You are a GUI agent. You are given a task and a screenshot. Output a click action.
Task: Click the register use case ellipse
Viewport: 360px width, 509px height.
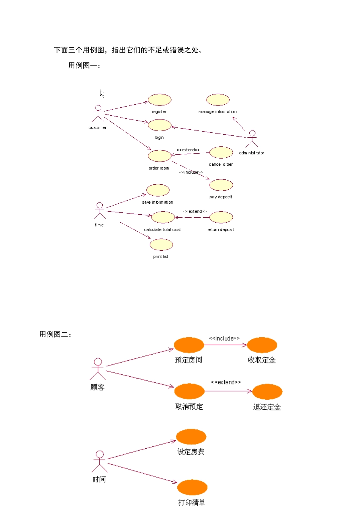(x=160, y=100)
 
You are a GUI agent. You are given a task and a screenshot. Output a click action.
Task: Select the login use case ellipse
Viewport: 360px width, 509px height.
(x=160, y=125)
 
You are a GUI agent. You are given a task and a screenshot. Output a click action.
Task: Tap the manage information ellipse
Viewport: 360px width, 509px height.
(x=218, y=100)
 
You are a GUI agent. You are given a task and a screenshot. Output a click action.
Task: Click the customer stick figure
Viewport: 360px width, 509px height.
(x=98, y=113)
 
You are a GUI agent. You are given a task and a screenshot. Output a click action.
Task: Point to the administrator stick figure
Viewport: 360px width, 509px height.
(x=252, y=138)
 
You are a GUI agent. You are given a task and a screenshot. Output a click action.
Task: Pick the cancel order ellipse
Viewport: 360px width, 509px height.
(x=221, y=152)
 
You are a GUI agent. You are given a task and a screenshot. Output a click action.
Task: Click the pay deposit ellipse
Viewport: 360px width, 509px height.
(x=221, y=185)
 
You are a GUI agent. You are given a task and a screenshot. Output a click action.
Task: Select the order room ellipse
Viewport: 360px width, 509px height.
(x=160, y=156)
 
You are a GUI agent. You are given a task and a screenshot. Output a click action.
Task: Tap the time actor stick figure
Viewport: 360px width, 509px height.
(x=99, y=211)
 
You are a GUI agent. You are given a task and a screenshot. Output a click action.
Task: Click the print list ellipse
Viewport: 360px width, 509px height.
(x=161, y=245)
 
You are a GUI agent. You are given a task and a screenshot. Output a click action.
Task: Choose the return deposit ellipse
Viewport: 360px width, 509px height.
(x=221, y=217)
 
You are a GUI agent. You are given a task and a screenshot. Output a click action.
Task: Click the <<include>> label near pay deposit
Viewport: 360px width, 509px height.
(x=191, y=172)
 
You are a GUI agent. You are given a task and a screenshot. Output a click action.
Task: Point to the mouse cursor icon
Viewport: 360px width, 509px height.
(x=102, y=93)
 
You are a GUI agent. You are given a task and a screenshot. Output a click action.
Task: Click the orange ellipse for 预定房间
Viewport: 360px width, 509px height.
(x=189, y=345)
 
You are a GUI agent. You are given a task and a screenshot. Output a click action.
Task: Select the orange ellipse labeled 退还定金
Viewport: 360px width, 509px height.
(x=268, y=391)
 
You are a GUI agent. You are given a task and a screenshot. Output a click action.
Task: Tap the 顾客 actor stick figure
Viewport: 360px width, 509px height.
(x=98, y=369)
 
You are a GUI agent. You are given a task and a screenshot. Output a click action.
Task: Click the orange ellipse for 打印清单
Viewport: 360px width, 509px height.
(x=192, y=487)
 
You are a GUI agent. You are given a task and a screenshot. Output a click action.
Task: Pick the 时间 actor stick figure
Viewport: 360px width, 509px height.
(x=100, y=462)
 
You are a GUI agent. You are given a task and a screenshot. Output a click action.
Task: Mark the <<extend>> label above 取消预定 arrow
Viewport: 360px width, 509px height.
(x=226, y=382)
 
